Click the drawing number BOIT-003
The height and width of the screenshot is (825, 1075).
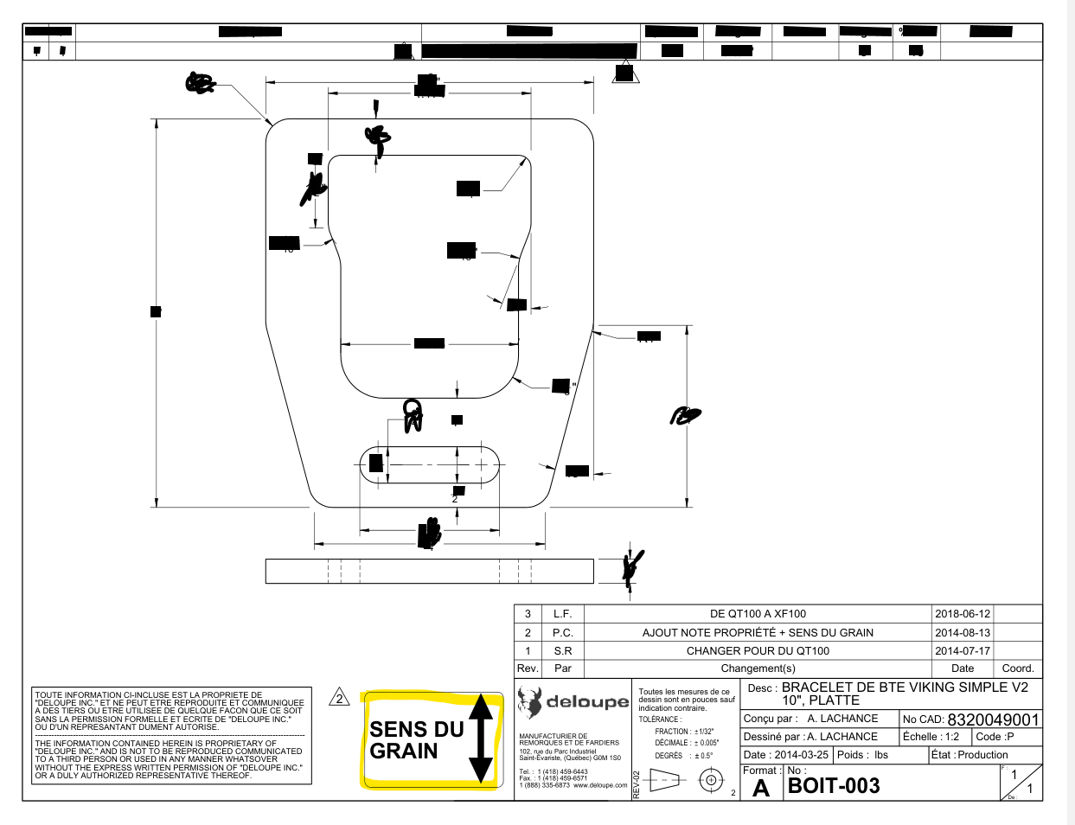coord(834,785)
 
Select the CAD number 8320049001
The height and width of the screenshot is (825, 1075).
coord(992,719)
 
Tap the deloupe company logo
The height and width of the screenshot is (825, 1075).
coord(573,702)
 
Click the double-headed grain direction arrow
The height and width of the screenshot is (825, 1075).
coord(481,739)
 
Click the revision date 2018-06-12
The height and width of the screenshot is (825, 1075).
coord(963,614)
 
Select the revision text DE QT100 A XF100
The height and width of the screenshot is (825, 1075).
coord(758,614)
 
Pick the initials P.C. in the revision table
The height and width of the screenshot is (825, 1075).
coord(562,632)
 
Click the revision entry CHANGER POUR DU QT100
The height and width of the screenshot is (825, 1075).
coord(758,651)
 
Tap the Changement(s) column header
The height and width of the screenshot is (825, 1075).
coord(758,668)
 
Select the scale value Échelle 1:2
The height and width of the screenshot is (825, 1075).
coord(931,737)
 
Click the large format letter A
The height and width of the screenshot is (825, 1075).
coord(761,788)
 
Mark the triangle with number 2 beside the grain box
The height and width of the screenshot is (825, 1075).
coord(340,698)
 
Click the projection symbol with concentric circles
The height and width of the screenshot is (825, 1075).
coord(710,780)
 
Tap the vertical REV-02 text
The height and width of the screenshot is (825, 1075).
coord(637,784)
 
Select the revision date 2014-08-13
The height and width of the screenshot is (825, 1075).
coord(963,632)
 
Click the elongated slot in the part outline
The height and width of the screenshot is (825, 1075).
coord(430,464)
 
